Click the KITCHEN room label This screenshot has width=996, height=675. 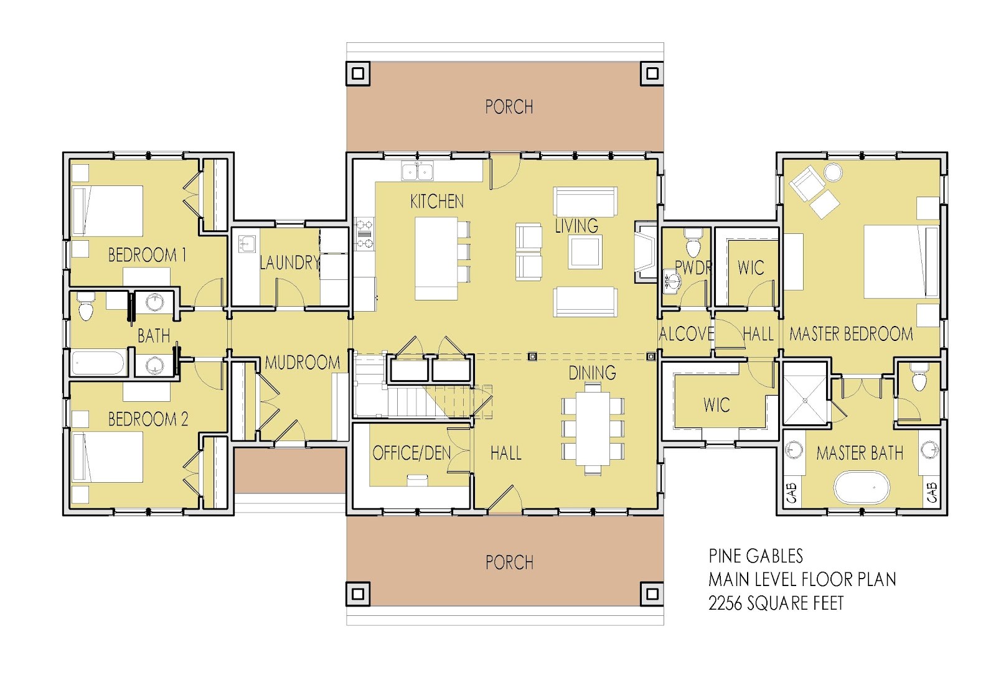(x=436, y=201)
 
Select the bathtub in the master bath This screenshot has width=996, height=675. (x=860, y=487)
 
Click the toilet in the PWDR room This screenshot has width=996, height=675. (x=692, y=243)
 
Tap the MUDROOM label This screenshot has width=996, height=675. (x=303, y=362)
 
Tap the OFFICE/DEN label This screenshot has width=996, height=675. (x=411, y=453)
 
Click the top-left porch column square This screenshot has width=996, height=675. (x=358, y=73)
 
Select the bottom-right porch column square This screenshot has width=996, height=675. (x=652, y=592)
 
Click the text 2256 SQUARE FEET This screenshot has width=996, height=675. (x=776, y=603)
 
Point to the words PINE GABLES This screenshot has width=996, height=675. (x=756, y=556)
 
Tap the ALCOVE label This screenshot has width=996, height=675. (x=686, y=334)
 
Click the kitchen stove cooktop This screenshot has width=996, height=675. (x=364, y=233)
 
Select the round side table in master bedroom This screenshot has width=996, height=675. (x=832, y=171)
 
